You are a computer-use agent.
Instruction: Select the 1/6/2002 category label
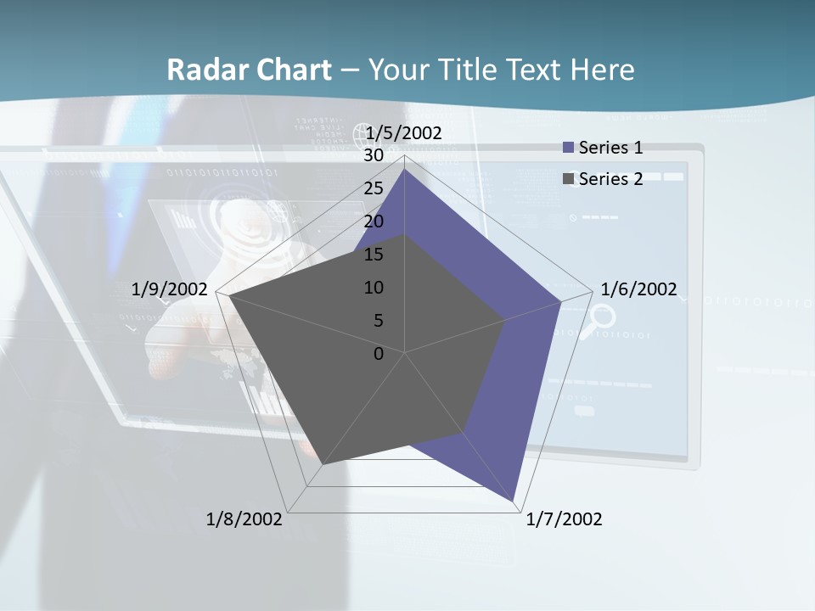click(x=638, y=289)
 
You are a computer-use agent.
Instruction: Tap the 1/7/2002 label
click(x=564, y=519)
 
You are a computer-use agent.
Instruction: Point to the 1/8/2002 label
click(x=244, y=519)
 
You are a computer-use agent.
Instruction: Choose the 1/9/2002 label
click(x=170, y=289)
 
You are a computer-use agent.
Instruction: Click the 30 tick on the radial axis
click(x=374, y=155)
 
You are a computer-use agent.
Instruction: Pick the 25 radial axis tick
click(x=374, y=188)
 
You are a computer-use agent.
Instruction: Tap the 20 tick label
click(x=374, y=221)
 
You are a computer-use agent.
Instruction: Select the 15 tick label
click(x=374, y=255)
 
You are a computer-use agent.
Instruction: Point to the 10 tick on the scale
click(x=374, y=288)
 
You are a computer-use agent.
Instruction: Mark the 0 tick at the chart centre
click(x=379, y=353)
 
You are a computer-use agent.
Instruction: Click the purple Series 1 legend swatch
click(x=569, y=149)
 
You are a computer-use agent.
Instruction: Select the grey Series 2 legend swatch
click(x=569, y=179)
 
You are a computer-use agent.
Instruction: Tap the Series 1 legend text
click(x=610, y=148)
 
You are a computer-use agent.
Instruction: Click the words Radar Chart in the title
click(x=249, y=70)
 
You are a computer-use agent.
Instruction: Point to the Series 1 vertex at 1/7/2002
click(x=514, y=502)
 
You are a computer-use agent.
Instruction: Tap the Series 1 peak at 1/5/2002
click(x=405, y=169)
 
